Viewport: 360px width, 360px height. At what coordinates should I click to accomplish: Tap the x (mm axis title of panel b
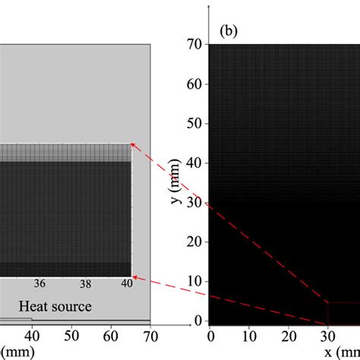point(342,351)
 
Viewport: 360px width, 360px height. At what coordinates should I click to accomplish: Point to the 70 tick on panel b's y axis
point(194,44)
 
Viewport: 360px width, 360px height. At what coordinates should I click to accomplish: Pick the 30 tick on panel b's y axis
point(194,203)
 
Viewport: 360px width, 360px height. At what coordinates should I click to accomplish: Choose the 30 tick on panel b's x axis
point(327,336)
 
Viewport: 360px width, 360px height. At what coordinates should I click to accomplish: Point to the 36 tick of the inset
point(39,283)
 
